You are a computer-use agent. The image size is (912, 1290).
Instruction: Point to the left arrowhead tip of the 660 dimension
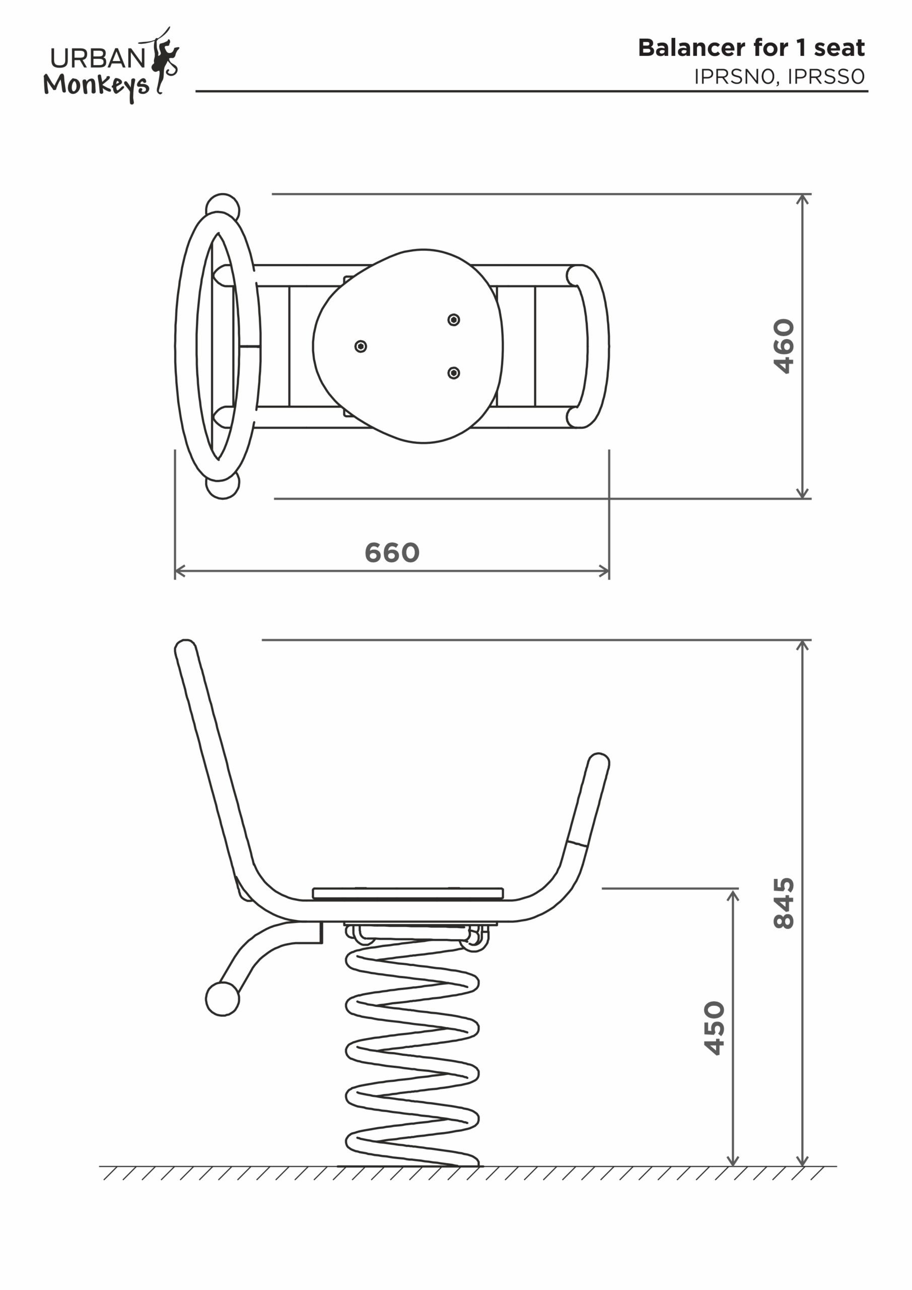[175, 571]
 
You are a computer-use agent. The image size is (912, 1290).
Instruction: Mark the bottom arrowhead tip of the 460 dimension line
[803, 498]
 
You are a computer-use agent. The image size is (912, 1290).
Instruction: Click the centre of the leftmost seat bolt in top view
[361, 346]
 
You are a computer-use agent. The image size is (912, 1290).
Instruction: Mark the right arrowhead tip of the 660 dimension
[609, 571]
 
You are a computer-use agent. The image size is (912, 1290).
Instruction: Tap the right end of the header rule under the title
[868, 91]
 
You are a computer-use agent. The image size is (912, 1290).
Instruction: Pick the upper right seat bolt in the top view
[454, 319]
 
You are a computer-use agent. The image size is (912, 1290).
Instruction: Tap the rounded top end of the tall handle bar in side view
[185, 650]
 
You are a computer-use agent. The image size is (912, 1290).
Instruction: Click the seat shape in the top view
[408, 346]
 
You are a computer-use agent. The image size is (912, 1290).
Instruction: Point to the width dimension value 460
[784, 346]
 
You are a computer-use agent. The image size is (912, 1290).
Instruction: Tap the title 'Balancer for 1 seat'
[751, 48]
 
